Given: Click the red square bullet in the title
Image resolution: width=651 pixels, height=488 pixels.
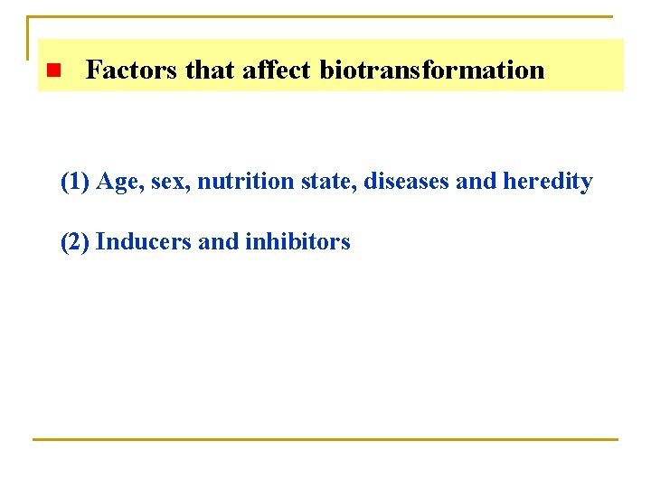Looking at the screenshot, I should [x=52, y=70].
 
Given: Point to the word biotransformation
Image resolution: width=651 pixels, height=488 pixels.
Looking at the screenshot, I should [x=432, y=70].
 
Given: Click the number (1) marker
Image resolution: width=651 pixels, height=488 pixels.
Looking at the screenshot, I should [x=75, y=182].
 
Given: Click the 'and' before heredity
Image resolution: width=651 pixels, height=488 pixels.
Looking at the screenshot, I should [x=476, y=182].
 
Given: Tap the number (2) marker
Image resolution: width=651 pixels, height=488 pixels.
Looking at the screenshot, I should [x=75, y=241].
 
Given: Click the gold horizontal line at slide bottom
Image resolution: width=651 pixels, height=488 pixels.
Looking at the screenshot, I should [x=325, y=439].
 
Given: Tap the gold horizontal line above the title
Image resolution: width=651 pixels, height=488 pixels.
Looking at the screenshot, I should [x=325, y=16].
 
